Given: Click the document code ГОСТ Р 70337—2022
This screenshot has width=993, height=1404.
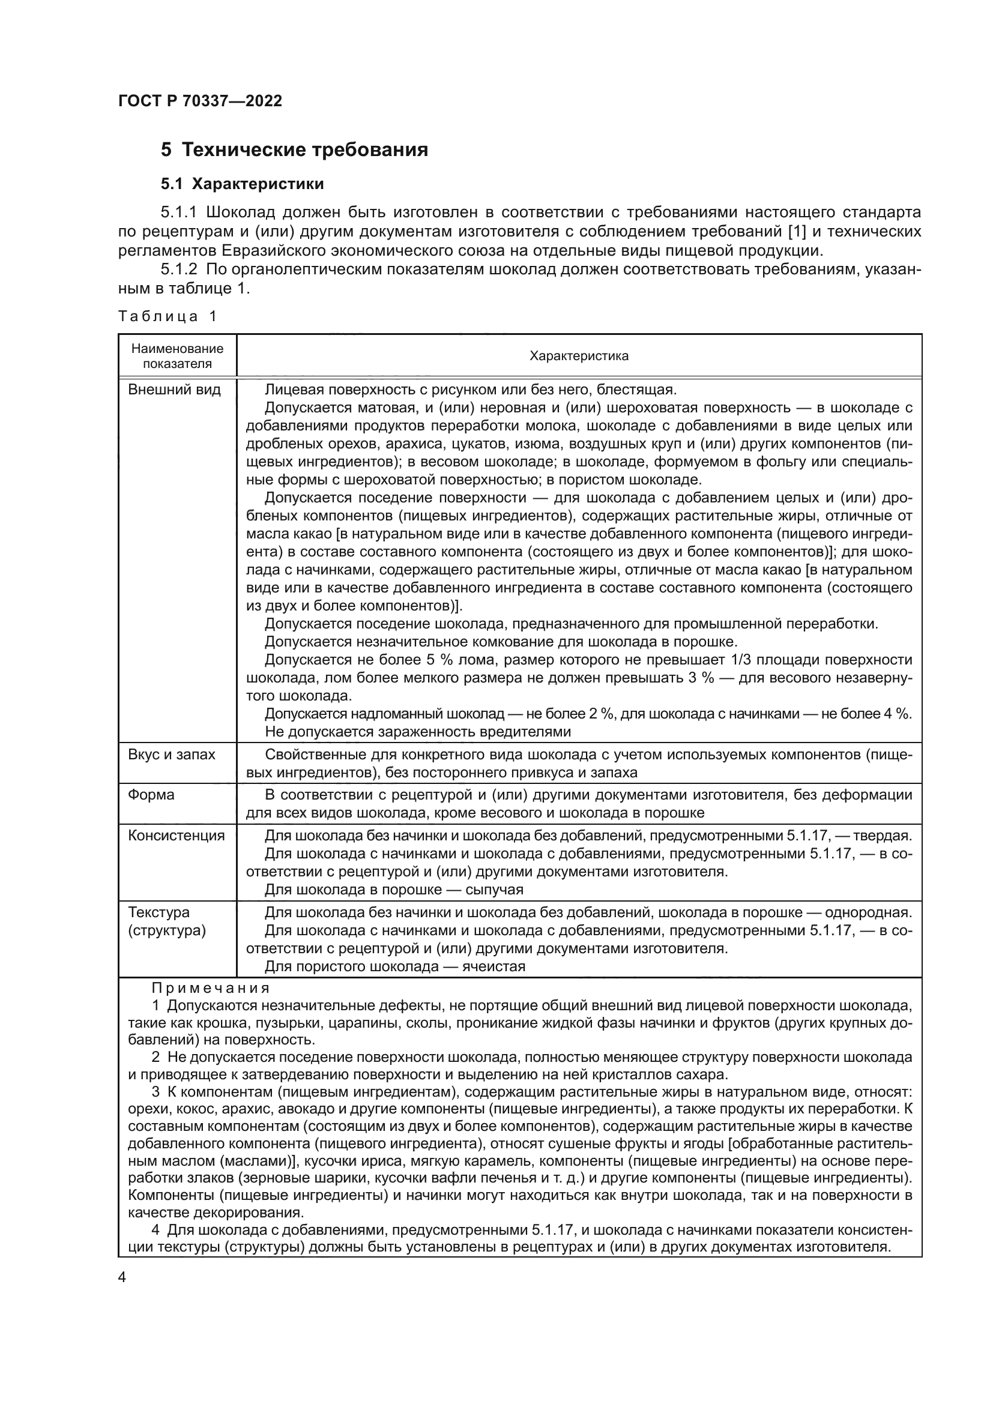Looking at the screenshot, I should (x=200, y=101).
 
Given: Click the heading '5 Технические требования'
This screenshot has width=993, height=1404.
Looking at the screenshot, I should (x=294, y=150).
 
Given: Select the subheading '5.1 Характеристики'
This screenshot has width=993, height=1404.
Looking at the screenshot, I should (x=242, y=184).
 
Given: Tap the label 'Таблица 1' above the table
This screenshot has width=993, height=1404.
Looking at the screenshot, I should (x=168, y=316).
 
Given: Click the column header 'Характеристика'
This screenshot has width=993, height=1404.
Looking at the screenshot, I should (x=578, y=356).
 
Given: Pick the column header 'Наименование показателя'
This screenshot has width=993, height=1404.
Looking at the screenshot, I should (x=177, y=356).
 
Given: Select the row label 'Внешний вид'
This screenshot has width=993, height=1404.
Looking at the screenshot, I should (x=174, y=390).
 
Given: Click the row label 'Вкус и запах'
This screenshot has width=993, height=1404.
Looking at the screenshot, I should (x=172, y=754).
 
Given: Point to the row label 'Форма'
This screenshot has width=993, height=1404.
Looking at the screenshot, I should (x=151, y=794).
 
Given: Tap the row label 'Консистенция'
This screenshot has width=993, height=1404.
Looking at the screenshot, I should (x=176, y=836).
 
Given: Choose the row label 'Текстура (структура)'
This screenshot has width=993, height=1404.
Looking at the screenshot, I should (x=167, y=921).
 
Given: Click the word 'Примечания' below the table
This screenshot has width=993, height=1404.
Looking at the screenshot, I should (x=210, y=987).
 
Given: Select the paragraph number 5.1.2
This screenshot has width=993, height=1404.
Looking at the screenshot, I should (x=179, y=270).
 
